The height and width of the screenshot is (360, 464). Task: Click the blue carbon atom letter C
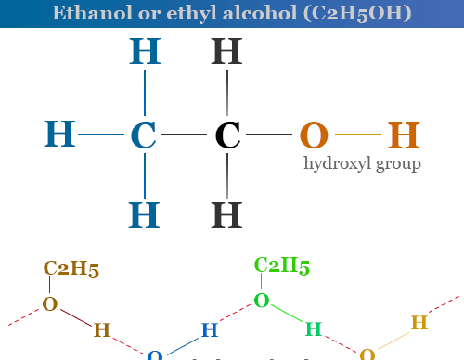pyautogui.click(x=143, y=135)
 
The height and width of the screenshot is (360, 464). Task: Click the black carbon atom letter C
pyautogui.click(x=227, y=135)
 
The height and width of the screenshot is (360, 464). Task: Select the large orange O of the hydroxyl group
pyautogui.click(x=315, y=135)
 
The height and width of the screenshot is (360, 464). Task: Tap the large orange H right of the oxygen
pyautogui.click(x=404, y=135)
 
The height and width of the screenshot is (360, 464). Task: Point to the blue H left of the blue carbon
pyautogui.click(x=60, y=135)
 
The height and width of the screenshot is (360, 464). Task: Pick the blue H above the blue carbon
pyautogui.click(x=143, y=52)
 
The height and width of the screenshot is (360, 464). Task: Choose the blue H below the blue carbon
pyautogui.click(x=143, y=215)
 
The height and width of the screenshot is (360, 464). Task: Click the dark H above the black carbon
pyautogui.click(x=227, y=52)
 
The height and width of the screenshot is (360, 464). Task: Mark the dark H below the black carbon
pyautogui.click(x=227, y=215)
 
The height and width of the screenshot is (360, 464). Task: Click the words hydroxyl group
pyautogui.click(x=363, y=164)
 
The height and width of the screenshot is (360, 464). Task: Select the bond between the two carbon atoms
pyautogui.click(x=186, y=135)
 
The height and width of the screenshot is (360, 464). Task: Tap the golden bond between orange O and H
pyautogui.click(x=358, y=135)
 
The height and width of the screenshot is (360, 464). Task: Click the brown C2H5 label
pyautogui.click(x=71, y=269)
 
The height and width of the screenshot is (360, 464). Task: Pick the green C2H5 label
pyautogui.click(x=282, y=265)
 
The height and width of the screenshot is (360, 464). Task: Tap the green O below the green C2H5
pyautogui.click(x=262, y=301)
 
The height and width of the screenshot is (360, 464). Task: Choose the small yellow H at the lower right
pyautogui.click(x=419, y=323)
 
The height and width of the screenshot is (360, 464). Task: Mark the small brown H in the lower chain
pyautogui.click(x=102, y=329)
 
